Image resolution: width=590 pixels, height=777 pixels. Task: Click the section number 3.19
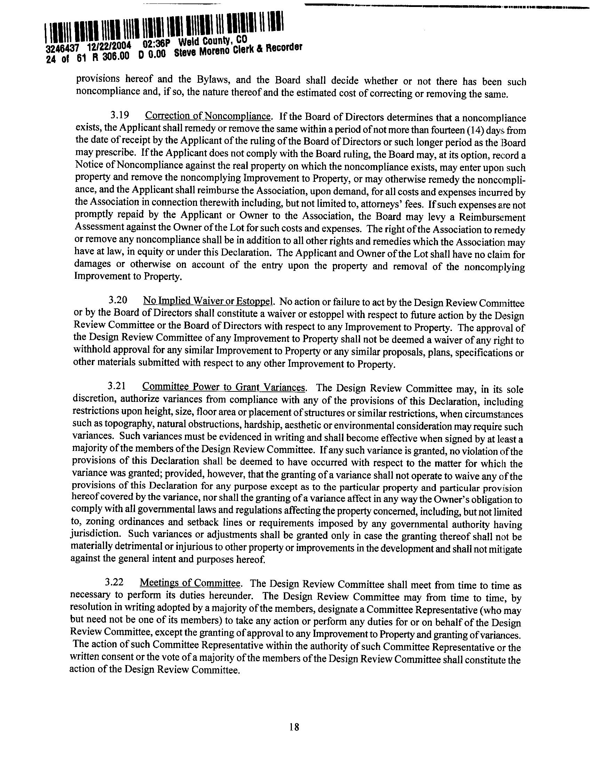coord(119,115)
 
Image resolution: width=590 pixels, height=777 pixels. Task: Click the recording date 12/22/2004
coord(110,46)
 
